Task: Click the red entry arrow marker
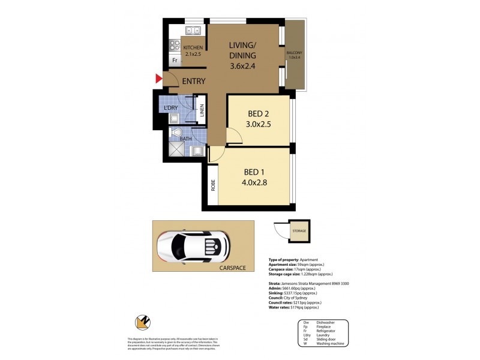pyautogui.click(x=159, y=79)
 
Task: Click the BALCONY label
pyautogui.click(x=294, y=53)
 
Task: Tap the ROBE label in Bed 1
pyautogui.click(x=213, y=187)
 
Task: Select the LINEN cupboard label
pyautogui.click(x=203, y=110)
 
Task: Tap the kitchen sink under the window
pyautogui.click(x=193, y=31)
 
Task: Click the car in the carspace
pyautogui.click(x=194, y=247)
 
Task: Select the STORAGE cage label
pyautogui.click(x=299, y=231)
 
